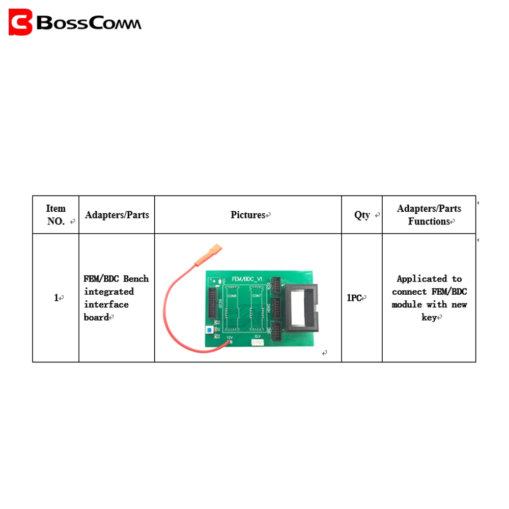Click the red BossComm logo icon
point(20,22)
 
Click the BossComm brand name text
point(89,23)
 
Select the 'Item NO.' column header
point(55,215)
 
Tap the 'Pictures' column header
point(248,215)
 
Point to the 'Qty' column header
point(362,215)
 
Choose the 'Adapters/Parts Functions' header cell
point(429,215)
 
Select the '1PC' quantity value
point(355,298)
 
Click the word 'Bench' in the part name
point(136,278)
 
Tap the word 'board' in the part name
point(96,318)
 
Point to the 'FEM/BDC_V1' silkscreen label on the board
point(246,279)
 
